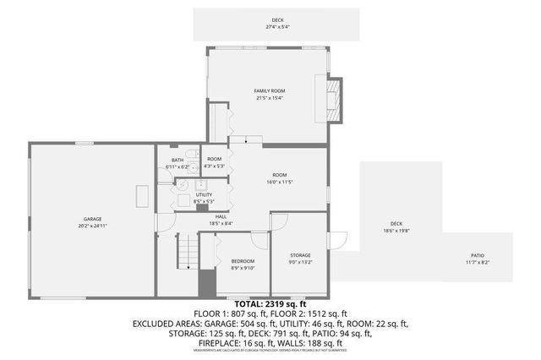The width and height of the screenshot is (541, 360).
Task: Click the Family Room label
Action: click(269, 90)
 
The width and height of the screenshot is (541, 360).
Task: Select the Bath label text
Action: click(177, 160)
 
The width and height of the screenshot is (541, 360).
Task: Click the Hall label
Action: click(221, 216)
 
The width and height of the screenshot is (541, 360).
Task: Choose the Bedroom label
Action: click(243, 261)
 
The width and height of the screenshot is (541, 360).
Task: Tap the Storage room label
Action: click(300, 254)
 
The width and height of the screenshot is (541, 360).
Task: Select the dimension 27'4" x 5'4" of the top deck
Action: click(277, 27)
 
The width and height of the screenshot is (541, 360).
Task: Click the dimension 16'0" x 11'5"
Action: click(279, 182)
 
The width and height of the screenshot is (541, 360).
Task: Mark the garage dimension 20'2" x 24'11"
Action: click(92, 226)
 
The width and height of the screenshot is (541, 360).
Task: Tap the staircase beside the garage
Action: click(188, 250)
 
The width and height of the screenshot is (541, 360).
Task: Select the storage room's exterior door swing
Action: click(337, 240)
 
